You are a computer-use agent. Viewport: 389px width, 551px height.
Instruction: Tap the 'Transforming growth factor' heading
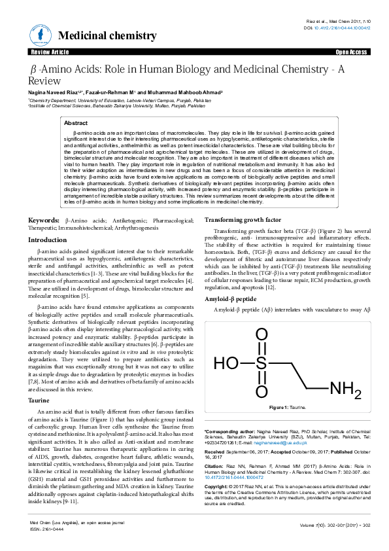coord(243,220)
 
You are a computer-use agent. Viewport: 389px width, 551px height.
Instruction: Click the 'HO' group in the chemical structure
coord(226,363)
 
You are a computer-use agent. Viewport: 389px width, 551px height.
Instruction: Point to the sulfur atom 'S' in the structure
coord(262,363)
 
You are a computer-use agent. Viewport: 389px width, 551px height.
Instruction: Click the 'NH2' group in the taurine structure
coord(345,390)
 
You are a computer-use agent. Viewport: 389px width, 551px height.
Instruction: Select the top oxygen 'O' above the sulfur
coord(262,334)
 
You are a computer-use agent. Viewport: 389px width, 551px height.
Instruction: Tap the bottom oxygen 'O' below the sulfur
coord(262,391)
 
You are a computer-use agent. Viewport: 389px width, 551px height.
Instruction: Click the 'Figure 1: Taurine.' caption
coord(288,408)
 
